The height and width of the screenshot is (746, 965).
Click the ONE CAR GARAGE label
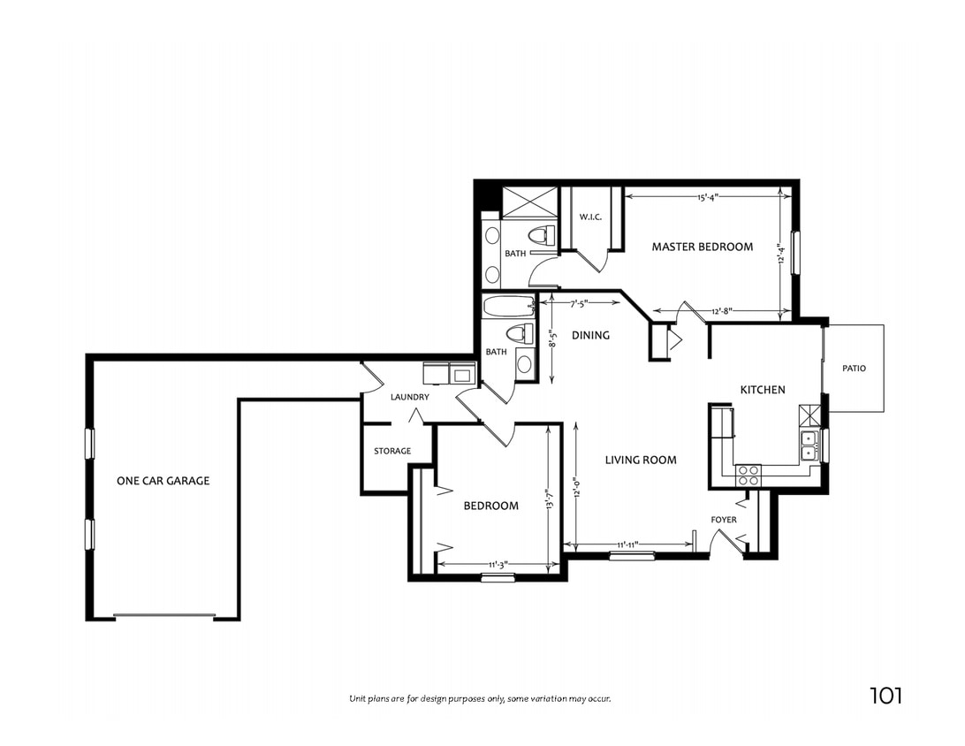pyautogui.click(x=163, y=481)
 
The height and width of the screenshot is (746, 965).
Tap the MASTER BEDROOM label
pyautogui.click(x=703, y=247)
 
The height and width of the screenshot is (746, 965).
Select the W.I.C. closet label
pyautogui.click(x=590, y=217)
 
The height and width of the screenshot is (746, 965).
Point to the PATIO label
pyautogui.click(x=854, y=368)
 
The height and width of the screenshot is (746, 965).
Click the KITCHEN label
pyautogui.click(x=762, y=390)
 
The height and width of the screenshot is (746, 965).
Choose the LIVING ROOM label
pyautogui.click(x=641, y=460)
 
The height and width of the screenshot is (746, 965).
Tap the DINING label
pyautogui.click(x=590, y=335)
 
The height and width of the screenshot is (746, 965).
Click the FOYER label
pyautogui.click(x=724, y=520)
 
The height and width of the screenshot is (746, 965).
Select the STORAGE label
pyautogui.click(x=391, y=451)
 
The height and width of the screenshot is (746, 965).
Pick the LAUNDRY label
pyautogui.click(x=409, y=397)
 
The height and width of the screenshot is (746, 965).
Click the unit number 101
pyautogui.click(x=885, y=696)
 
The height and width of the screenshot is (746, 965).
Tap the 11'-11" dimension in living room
pyautogui.click(x=627, y=544)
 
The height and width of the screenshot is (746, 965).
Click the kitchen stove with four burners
pyautogui.click(x=748, y=475)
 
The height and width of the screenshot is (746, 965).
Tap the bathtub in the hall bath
pyautogui.click(x=508, y=308)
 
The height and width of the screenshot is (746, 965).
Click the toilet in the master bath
pyautogui.click(x=539, y=235)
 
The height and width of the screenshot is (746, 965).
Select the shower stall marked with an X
pyautogui.click(x=529, y=202)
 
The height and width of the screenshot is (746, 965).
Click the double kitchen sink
pyautogui.click(x=809, y=445)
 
